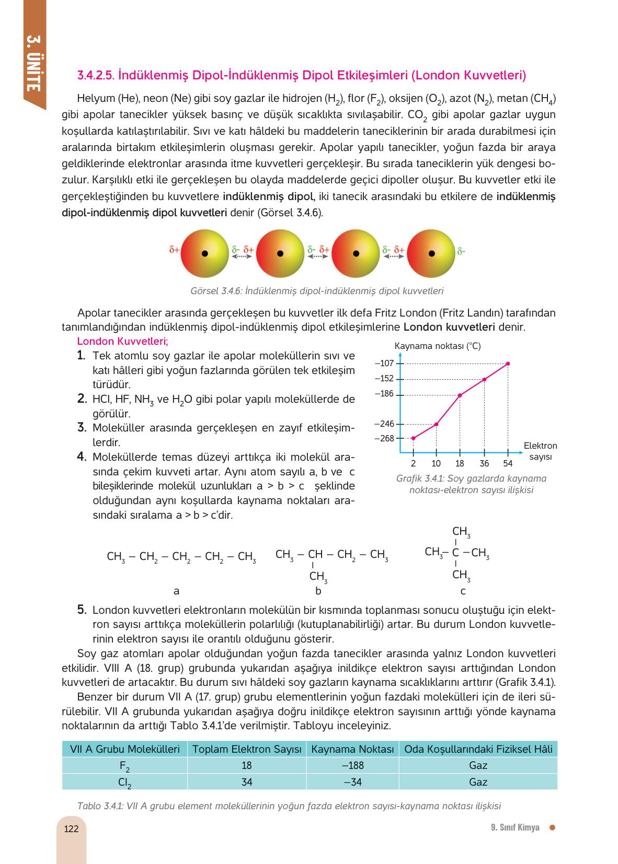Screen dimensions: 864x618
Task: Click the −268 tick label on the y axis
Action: [x=384, y=438]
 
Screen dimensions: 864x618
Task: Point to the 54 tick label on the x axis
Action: [x=508, y=463]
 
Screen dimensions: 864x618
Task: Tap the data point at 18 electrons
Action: [x=460, y=395]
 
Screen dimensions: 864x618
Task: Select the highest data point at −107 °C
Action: [x=508, y=364]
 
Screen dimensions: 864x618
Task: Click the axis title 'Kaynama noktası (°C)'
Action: [x=437, y=346]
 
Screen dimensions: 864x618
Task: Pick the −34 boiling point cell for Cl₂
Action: [x=353, y=782]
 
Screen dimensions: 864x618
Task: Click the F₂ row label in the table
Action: [x=124, y=766]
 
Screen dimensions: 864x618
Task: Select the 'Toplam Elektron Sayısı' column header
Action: [x=247, y=749]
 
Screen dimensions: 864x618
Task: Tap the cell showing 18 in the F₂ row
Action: [x=247, y=765]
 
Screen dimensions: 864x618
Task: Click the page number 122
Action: [x=71, y=829]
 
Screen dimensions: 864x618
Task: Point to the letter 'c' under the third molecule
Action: [x=463, y=591]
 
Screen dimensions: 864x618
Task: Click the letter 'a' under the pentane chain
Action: [x=176, y=591]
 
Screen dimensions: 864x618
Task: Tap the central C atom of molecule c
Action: [x=456, y=553]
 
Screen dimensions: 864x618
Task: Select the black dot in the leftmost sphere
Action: [x=205, y=254]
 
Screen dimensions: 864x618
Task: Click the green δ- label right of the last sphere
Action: [x=461, y=251]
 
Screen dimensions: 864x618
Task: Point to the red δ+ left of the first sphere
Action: [x=174, y=250]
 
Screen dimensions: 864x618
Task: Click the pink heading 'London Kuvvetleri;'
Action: [x=122, y=341]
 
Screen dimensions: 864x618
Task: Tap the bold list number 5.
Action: [x=81, y=610]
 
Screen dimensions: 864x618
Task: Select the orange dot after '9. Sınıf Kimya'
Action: [x=552, y=827]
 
